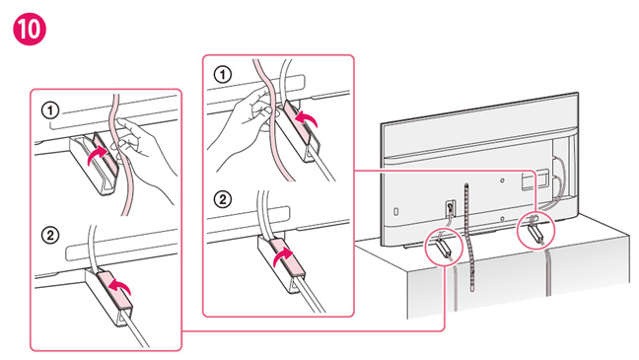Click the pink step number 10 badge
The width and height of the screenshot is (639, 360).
30,29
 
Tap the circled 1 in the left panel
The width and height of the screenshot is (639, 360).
50,110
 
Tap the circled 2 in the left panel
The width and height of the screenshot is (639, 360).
50,236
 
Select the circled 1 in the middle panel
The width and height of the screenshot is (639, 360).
223,75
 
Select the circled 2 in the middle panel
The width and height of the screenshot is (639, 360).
223,200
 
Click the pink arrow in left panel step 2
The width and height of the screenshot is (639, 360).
121,286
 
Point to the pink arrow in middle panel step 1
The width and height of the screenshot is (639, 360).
306,119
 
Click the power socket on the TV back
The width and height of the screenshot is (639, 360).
450,207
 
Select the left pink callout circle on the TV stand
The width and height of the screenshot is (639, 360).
444,247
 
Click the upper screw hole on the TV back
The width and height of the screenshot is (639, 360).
503,180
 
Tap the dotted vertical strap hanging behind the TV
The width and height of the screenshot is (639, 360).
469,237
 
